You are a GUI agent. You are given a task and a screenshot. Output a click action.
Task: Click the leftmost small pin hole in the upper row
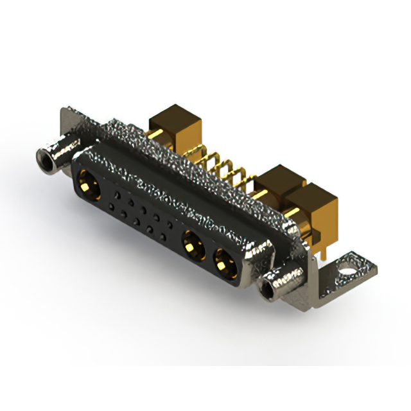coord(116,193)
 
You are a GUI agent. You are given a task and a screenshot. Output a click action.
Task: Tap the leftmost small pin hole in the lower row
coord(112,207)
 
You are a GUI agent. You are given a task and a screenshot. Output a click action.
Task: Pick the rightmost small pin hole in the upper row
coord(170,223)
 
